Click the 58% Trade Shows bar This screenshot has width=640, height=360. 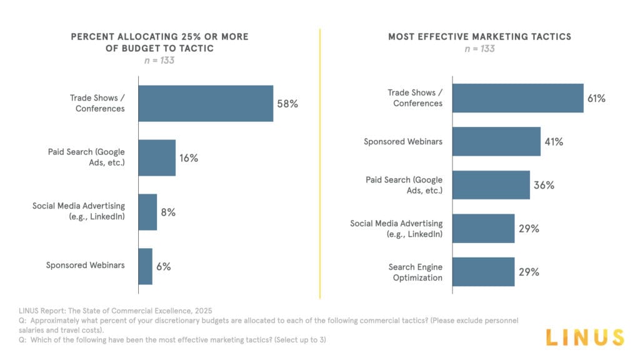coord(206,103)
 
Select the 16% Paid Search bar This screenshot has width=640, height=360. coord(157,157)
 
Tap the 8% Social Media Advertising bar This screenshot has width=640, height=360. coord(147,212)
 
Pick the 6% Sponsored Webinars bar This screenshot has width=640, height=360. coord(145,266)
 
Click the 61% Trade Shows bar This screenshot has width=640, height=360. coord(517,98)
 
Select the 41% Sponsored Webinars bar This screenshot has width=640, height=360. coord(496,141)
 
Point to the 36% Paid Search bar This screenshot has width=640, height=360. coord(491,185)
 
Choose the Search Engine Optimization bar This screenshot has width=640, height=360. coord(483,272)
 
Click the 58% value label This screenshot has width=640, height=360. coord(287,104)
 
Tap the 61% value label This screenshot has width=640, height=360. coord(596,98)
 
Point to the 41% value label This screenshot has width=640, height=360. coord(553,142)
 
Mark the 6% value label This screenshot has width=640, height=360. coord(164,266)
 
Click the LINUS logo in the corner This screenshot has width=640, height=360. coord(584,337)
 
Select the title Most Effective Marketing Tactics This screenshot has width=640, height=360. coord(479,37)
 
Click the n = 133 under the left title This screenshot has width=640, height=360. coord(159,61)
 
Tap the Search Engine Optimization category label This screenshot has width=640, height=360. coord(416,272)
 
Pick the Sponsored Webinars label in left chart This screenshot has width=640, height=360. coord(85,265)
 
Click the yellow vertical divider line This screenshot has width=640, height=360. coord(320,162)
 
